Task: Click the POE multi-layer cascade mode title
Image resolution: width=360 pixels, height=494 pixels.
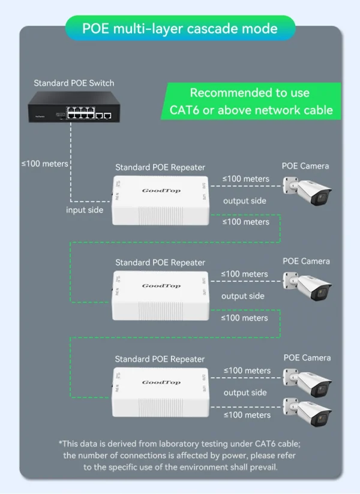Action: coord(180,28)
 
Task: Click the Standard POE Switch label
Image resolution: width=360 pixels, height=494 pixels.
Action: coord(74,83)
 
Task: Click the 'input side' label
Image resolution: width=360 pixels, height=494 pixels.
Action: coord(85,210)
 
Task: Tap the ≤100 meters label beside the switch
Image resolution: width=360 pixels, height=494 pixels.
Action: coord(44,163)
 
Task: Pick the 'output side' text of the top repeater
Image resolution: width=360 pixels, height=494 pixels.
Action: coord(244,201)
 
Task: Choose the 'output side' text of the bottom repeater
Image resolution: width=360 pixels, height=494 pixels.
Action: coord(245,393)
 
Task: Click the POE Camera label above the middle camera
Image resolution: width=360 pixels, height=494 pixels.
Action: coord(306,261)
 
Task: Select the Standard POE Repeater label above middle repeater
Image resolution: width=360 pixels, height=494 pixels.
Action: coord(160,263)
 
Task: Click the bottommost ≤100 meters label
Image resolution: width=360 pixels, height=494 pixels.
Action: coord(247,415)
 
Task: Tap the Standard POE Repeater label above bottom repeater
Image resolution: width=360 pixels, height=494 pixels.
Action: coord(160,359)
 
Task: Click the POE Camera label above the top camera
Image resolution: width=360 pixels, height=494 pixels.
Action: coord(305,165)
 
